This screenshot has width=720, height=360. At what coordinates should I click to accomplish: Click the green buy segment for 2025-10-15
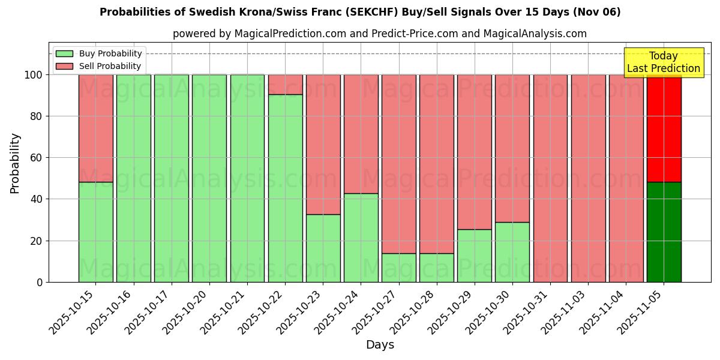[x=95, y=232]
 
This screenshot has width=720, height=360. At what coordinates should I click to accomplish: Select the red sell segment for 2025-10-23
[x=323, y=144]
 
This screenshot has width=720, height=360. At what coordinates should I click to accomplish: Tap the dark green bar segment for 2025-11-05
[x=664, y=232]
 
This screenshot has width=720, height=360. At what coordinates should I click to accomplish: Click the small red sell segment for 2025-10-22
[x=285, y=85]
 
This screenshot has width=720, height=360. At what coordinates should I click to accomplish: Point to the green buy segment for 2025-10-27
[x=398, y=268]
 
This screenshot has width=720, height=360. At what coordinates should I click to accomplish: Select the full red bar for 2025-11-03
[x=588, y=178]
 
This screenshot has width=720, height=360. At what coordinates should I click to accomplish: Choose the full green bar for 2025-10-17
[x=171, y=178]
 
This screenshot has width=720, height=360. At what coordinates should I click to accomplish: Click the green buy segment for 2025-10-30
[x=512, y=252]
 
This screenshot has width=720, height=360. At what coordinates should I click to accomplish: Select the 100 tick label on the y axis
[x=33, y=75]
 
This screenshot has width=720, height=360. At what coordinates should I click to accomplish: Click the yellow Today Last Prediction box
[x=663, y=62]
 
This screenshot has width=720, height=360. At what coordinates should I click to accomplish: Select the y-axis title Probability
[x=15, y=163]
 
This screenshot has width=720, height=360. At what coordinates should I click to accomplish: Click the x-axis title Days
[x=380, y=345]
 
